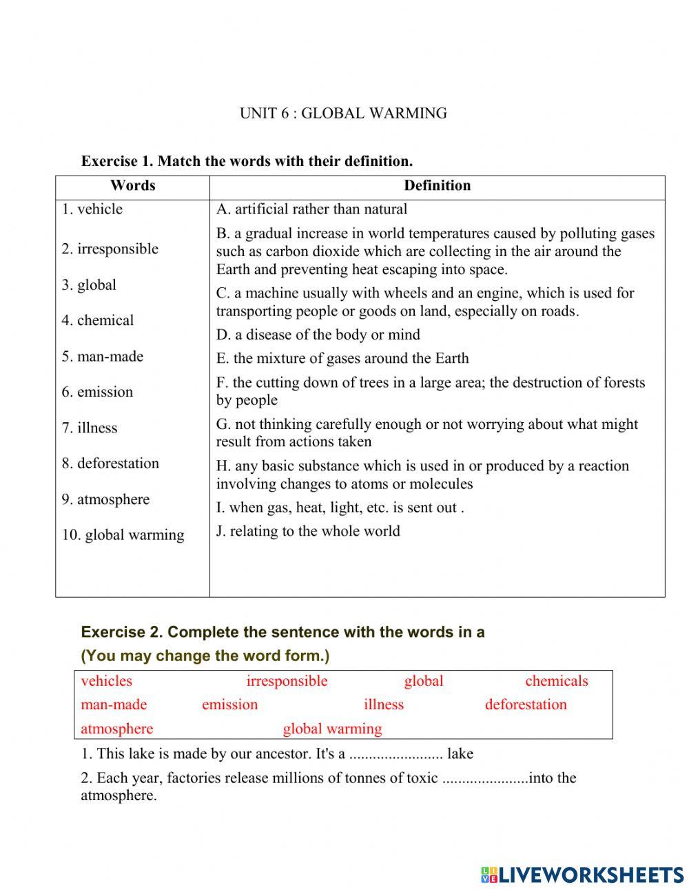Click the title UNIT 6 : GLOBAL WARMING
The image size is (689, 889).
pos(343,114)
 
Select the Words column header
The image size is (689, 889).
pos(132,186)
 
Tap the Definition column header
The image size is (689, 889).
pos(437,186)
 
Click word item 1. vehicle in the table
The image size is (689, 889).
pos(92,209)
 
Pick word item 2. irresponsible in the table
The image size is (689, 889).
pos(110,249)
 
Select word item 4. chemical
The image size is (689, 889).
pos(98,320)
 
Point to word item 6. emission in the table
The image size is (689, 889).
pos(97,392)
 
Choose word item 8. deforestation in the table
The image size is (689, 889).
pos(110,463)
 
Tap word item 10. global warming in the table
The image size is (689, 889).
pos(123,535)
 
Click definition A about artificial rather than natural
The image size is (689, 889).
pos(311,209)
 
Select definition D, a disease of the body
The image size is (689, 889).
pos(318,335)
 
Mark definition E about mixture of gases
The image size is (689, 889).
pos(342,358)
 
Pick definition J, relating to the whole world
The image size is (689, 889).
pos(308,531)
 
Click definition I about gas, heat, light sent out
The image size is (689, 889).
pos(340,508)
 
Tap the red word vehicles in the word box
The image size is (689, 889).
pos(106,681)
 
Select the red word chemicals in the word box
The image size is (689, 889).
pos(556,681)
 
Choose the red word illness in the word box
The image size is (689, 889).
pos(384,704)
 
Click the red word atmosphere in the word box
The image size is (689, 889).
pos(117,729)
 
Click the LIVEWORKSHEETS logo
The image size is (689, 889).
pos(582,875)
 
